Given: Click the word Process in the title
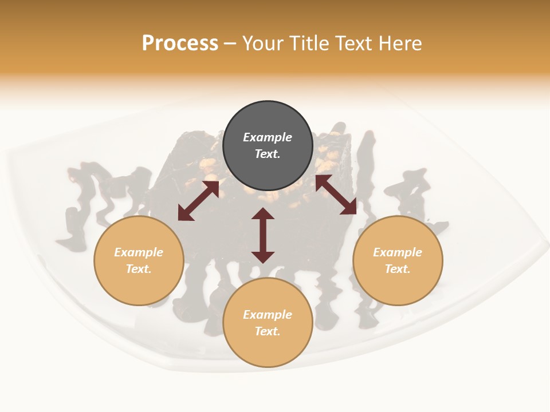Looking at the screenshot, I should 180,43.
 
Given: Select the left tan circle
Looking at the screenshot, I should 139,286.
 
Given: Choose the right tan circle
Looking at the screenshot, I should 398,286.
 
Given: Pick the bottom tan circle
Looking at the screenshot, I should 268,348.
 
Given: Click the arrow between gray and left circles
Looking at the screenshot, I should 198,201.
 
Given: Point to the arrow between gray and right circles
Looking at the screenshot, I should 336,195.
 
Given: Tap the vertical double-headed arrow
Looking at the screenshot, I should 263,235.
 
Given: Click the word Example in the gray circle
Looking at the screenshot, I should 268,137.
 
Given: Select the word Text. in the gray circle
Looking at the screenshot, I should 268,154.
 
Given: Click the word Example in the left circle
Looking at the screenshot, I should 139,252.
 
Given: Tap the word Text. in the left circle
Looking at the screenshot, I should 139,269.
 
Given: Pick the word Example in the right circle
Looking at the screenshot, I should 398,252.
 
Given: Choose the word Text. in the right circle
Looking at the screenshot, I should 398,269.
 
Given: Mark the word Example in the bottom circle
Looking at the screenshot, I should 268,315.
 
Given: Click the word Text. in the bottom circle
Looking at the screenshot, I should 268,331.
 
